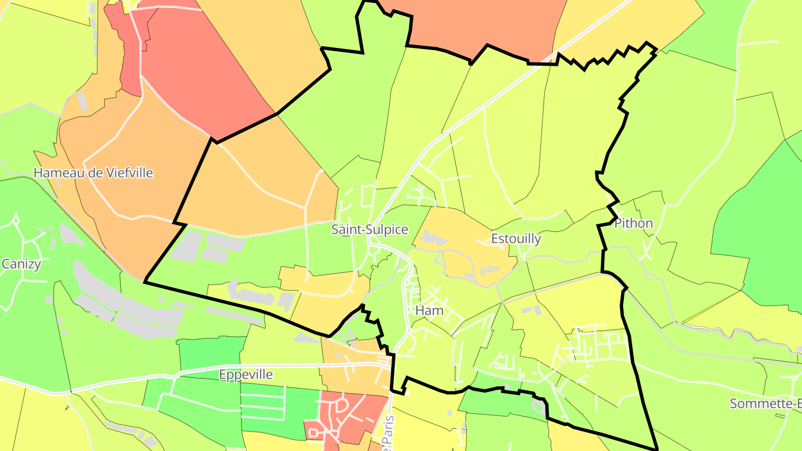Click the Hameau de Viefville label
click(93, 173)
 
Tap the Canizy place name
click(21, 264)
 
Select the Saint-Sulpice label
click(369, 229)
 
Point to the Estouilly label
click(516, 239)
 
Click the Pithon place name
click(633, 224)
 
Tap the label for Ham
click(429, 311)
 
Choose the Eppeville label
click(246, 375)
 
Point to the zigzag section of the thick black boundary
click(607, 56)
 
